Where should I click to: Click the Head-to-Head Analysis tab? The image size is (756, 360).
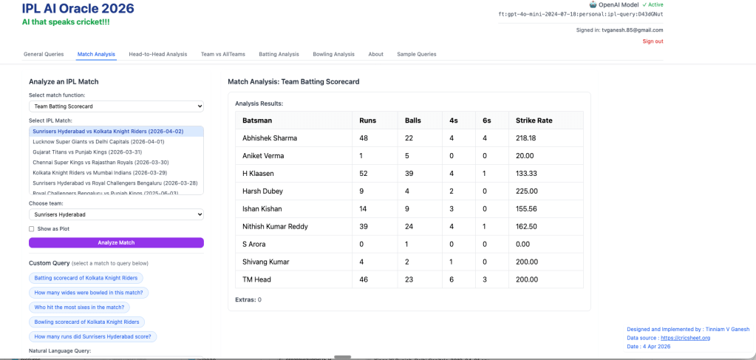[x=157, y=54]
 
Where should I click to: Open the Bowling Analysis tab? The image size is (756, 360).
[x=333, y=54]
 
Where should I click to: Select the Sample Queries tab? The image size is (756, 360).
[x=417, y=54]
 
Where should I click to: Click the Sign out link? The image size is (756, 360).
[x=653, y=41]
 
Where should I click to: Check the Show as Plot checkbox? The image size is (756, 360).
[x=32, y=229]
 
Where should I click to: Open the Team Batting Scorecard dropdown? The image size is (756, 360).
[x=116, y=106]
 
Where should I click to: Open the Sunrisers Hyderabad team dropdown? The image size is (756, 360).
[x=116, y=214]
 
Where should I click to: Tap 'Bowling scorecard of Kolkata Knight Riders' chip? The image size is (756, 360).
[x=86, y=322]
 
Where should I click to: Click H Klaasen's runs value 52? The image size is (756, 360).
[x=364, y=174]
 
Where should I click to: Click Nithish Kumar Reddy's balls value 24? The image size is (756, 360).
[x=409, y=226]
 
